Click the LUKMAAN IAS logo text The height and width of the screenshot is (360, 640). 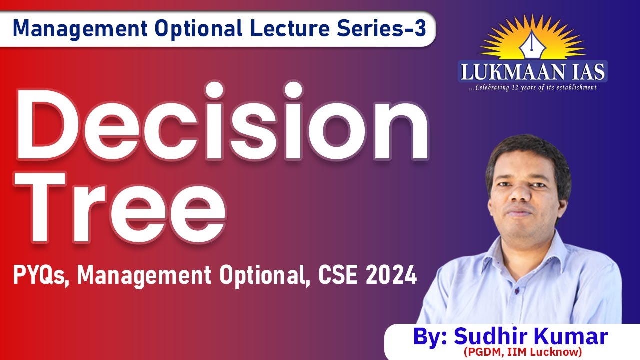[532, 71]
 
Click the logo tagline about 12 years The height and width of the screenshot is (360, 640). [532, 88]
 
